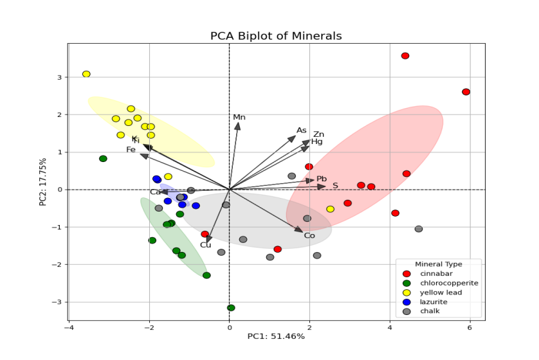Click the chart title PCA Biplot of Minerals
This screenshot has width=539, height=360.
pos(276,36)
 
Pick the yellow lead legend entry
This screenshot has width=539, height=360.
pos(435,292)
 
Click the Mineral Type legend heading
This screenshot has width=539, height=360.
pos(439,264)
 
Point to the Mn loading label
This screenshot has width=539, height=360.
pos(239,117)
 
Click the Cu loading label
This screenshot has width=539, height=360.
pos(205,245)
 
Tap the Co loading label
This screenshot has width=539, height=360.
pos(309,236)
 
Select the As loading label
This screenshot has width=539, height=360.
pos(302,130)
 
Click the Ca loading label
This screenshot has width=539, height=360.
pos(155,192)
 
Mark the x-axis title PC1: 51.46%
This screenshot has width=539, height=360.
pos(276,336)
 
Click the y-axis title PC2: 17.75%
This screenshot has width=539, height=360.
pos(43,182)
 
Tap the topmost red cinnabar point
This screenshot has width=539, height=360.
pos(405,56)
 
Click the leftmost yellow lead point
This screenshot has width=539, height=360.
pos(86,74)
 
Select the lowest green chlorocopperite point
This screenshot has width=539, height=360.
pos(231,308)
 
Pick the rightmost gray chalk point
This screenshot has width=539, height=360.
pos(419,229)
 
